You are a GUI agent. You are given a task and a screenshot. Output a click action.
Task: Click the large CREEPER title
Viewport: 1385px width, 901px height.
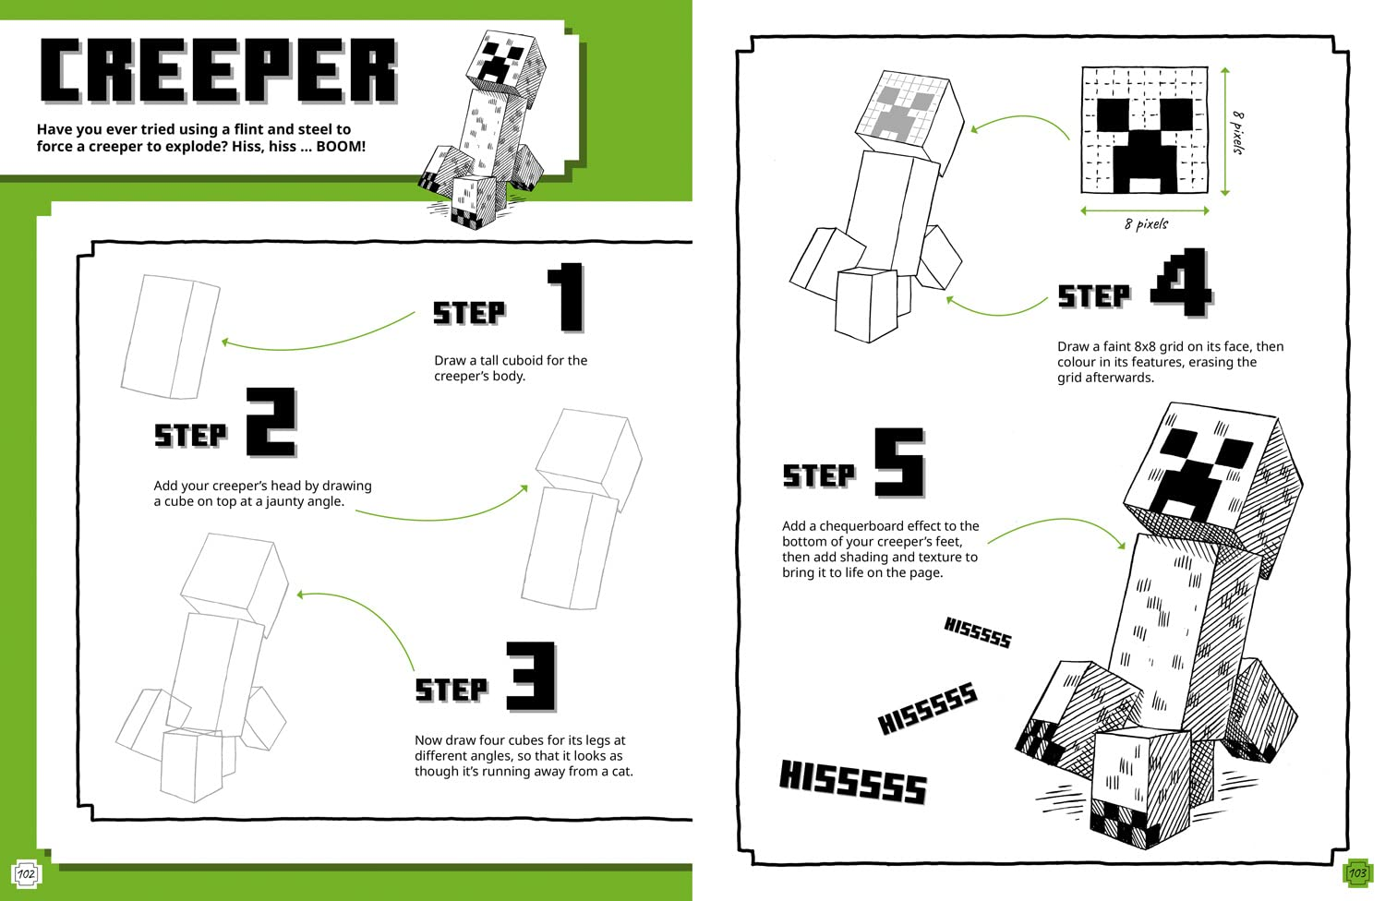218,71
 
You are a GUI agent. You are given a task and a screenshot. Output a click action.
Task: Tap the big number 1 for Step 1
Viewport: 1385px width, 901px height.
567,297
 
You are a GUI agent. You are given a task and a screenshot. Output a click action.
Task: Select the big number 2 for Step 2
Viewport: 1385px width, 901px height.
271,423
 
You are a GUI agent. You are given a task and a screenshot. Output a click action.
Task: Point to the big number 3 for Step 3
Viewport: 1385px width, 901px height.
532,677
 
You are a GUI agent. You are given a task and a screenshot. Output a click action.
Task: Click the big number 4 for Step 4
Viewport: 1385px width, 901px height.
1181,282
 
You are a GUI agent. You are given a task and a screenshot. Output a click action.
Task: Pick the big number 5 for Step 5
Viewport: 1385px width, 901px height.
899,463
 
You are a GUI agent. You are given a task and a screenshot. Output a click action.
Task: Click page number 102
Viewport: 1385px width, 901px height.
26,873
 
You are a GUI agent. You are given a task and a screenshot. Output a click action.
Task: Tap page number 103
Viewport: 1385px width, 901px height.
1357,872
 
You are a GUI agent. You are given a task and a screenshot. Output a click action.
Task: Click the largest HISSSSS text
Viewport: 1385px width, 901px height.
852,782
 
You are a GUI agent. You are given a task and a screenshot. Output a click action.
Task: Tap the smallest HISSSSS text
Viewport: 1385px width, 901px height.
977,632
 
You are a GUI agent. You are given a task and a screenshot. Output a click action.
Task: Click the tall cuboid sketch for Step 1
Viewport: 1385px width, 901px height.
170,336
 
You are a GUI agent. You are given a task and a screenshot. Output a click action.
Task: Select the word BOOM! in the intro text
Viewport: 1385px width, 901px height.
341,147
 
